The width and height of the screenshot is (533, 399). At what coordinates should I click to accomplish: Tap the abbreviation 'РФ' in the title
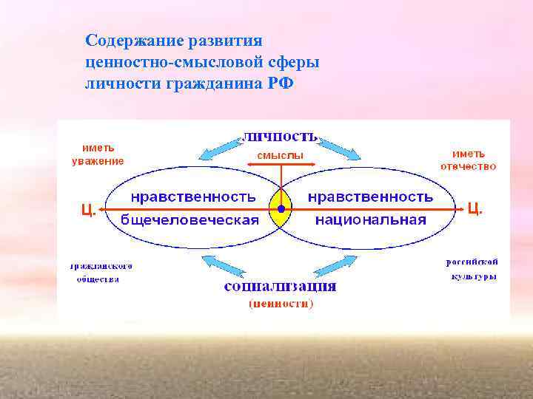click(281, 82)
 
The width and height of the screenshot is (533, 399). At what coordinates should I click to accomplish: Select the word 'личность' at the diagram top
click(281, 137)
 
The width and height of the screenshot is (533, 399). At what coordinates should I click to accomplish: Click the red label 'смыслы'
click(280, 156)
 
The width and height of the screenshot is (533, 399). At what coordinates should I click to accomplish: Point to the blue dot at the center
click(281, 209)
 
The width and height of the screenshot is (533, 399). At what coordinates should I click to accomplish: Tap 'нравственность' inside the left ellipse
click(194, 197)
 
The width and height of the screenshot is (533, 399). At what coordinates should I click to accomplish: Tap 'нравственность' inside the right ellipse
click(370, 197)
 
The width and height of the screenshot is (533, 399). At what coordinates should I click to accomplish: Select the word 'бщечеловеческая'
click(190, 220)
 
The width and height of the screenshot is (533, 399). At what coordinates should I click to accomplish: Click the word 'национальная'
click(370, 220)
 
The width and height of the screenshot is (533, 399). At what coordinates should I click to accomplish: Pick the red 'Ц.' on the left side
click(87, 210)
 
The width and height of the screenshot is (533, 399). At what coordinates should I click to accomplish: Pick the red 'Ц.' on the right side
click(475, 209)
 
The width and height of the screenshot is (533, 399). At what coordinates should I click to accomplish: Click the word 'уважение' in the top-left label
click(98, 161)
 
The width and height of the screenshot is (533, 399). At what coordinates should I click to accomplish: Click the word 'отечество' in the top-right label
click(468, 166)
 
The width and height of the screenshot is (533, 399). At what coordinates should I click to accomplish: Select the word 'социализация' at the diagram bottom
click(281, 286)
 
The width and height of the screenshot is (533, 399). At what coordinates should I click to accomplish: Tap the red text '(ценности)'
click(281, 303)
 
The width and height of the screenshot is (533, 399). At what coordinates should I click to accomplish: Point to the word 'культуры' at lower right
click(473, 277)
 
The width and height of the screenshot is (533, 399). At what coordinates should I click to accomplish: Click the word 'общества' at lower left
click(98, 279)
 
